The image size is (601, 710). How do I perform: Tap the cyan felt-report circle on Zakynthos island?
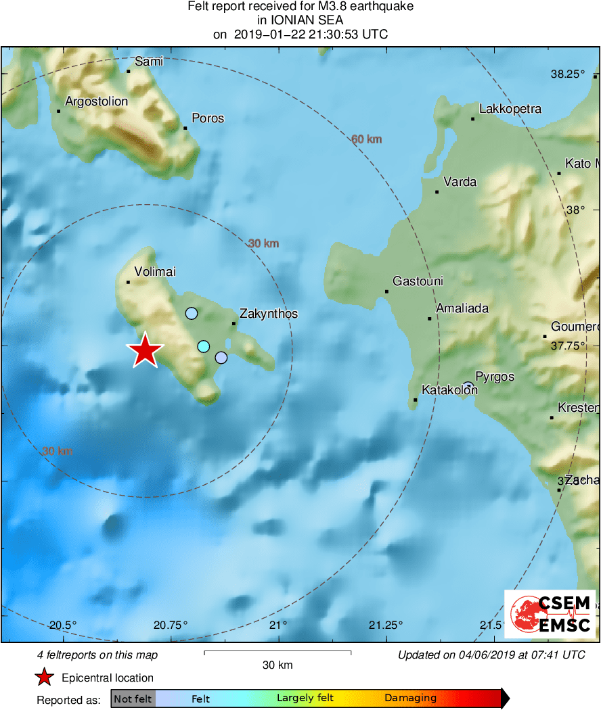[204, 346]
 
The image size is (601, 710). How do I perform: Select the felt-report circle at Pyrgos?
[468, 386]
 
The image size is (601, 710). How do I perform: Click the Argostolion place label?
[96, 102]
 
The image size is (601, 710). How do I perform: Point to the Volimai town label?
[155, 272]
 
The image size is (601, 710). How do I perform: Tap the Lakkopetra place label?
[510, 109]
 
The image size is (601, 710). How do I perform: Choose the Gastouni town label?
[418, 281]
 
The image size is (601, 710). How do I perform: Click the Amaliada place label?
[462, 308]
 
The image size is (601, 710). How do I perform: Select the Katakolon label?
[449, 390]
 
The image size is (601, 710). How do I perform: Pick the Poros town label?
[208, 118]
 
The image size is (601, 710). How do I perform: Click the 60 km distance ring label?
[366, 140]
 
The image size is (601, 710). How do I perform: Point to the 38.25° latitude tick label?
[567, 74]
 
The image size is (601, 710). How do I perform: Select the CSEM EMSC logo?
[550, 614]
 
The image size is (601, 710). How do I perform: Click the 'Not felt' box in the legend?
[133, 699]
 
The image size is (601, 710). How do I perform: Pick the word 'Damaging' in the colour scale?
[411, 699]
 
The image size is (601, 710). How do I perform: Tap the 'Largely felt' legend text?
[303, 699]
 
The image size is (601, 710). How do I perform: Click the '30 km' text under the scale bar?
[277, 665]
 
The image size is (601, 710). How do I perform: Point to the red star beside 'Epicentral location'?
[45, 678]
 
